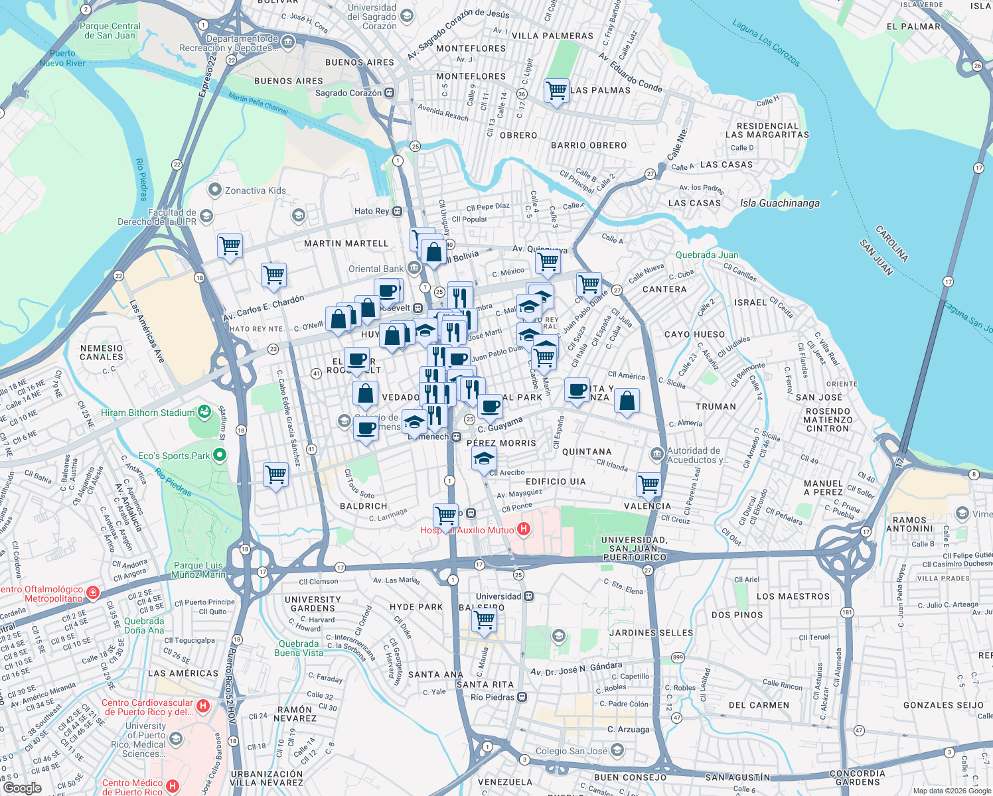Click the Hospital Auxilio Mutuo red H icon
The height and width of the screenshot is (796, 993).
click(x=524, y=529)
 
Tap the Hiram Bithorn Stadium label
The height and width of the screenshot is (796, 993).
click(x=147, y=413)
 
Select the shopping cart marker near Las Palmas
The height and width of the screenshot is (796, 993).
click(x=556, y=90)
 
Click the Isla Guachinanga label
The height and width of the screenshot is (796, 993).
click(x=779, y=204)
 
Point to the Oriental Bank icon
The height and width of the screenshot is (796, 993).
click(x=414, y=268)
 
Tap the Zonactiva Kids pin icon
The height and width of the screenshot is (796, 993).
click(x=214, y=190)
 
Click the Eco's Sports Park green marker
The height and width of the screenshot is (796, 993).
click(x=220, y=456)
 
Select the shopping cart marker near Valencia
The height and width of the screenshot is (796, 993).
click(x=649, y=484)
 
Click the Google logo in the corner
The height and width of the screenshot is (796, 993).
click(x=22, y=788)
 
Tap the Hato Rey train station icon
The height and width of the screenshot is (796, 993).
click(x=397, y=212)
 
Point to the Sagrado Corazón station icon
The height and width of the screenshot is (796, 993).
click(x=390, y=93)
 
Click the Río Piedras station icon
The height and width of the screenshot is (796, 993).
click(x=522, y=697)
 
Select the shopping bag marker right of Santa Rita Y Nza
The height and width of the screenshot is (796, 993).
click(x=627, y=401)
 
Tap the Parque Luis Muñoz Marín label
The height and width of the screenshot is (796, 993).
click(x=199, y=570)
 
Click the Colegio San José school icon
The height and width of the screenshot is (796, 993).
click(x=617, y=750)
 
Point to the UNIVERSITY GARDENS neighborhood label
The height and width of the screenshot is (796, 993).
click(x=313, y=604)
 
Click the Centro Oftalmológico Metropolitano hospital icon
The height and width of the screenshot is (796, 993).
click(x=93, y=592)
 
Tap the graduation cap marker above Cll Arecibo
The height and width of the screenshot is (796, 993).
click(x=484, y=458)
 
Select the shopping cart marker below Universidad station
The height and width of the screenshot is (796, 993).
click(x=485, y=620)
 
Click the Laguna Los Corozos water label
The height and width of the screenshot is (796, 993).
click(x=766, y=42)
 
